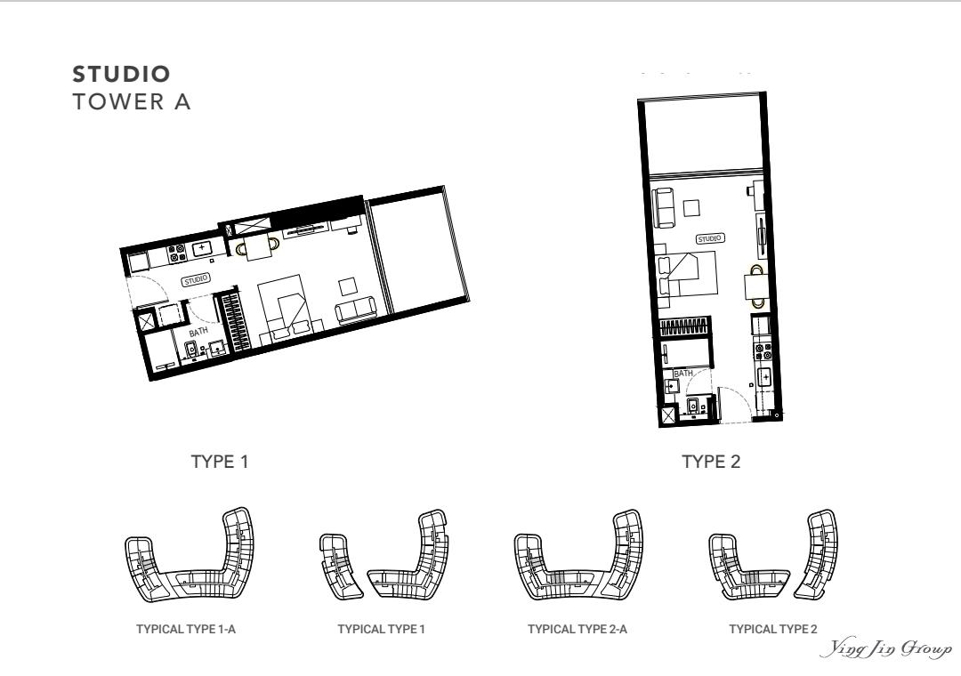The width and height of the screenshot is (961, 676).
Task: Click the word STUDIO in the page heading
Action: [121, 74]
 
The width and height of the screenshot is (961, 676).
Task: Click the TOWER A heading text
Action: [132, 101]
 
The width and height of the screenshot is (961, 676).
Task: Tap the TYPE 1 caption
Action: [220, 462]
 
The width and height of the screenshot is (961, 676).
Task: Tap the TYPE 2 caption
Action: [711, 462]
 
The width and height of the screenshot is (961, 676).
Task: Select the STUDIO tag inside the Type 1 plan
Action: [196, 280]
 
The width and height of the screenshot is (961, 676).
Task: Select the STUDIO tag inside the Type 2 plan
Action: [710, 238]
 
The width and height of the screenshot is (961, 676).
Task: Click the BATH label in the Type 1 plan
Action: [198, 332]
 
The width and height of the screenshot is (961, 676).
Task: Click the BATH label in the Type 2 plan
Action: [683, 373]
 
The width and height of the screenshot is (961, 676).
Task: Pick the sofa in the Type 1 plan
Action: [357, 310]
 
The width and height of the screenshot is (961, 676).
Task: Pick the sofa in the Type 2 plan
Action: [664, 208]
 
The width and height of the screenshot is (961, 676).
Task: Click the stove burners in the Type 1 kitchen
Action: [177, 253]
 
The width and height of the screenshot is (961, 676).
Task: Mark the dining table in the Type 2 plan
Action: [755, 286]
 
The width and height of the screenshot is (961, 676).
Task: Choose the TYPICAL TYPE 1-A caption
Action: [186, 629]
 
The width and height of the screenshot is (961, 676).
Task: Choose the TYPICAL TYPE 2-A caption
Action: [577, 629]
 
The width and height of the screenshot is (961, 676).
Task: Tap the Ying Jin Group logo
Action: [886, 649]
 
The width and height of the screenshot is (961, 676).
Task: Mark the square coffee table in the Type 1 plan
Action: [348, 286]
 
